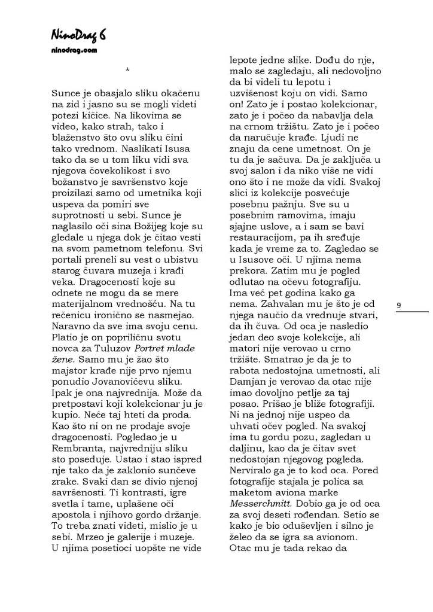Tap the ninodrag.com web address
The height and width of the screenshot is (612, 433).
click(74, 51)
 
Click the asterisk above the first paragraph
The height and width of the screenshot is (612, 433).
click(127, 71)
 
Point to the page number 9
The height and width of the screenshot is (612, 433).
click(398, 306)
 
